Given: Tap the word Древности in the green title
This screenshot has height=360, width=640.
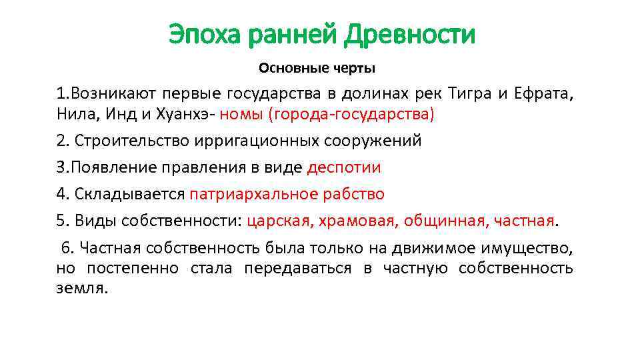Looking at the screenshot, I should pos(409,34).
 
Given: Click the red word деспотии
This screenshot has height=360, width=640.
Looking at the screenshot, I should pos(343,167).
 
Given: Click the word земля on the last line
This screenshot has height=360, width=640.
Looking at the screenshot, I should pos(81,289).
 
